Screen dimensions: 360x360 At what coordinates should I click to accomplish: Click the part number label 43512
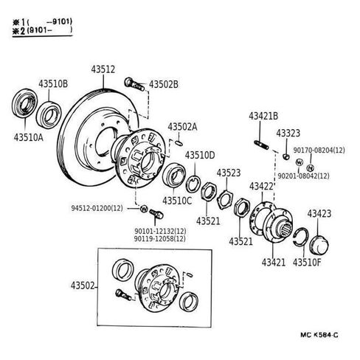click(x=103, y=69)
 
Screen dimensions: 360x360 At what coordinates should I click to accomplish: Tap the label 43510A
click(x=28, y=137)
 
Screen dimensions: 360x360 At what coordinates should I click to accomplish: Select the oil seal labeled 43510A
click(x=24, y=103)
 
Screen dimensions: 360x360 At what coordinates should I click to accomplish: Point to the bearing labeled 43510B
click(x=49, y=115)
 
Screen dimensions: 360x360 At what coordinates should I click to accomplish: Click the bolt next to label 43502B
click(x=134, y=84)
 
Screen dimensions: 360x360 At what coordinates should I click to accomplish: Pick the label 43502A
click(x=182, y=127)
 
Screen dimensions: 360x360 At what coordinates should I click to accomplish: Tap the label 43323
click(x=288, y=133)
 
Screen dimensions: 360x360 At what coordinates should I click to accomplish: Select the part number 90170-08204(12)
click(x=319, y=150)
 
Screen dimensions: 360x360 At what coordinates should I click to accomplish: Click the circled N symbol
click(x=311, y=168)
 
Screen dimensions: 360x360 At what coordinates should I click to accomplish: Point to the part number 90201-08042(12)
click(x=303, y=176)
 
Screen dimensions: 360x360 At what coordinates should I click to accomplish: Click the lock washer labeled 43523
click(x=226, y=199)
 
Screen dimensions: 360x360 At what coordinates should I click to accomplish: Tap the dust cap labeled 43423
click(x=319, y=246)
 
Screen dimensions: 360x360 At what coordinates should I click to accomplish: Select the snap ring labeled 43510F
click(x=302, y=237)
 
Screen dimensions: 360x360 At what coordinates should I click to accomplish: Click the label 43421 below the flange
click(x=274, y=263)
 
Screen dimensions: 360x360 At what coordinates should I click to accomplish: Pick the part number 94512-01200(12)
click(x=97, y=208)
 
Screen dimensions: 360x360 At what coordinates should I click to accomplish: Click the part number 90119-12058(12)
click(x=160, y=238)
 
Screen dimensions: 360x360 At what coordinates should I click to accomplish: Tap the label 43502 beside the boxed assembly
click(x=83, y=285)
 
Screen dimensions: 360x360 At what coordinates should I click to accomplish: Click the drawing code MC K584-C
click(x=319, y=335)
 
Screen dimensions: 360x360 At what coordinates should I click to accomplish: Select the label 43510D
click(x=200, y=155)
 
